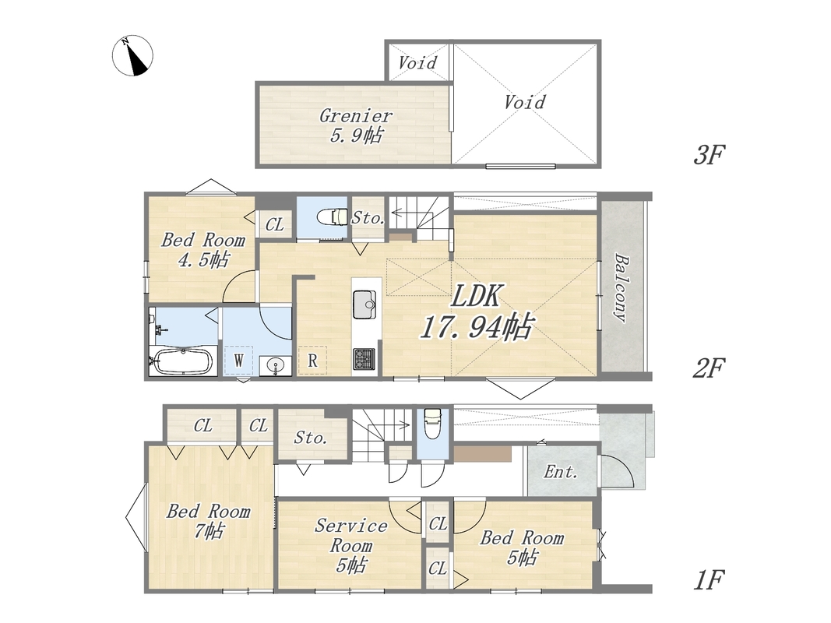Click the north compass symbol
pyautogui.click(x=132, y=55)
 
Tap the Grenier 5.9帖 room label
pyautogui.click(x=356, y=125)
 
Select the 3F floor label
pyautogui.click(x=709, y=155)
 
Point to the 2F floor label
pyautogui.click(x=709, y=368)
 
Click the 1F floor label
pyautogui.click(x=709, y=580)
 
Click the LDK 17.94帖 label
pyautogui.click(x=477, y=311)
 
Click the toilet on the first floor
pyautogui.click(x=433, y=424)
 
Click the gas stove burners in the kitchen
pyautogui.click(x=364, y=358)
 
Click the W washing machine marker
pyautogui.click(x=238, y=361)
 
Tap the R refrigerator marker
pyautogui.click(x=312, y=361)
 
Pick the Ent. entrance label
pyautogui.click(x=560, y=471)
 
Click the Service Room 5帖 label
pyautogui.click(x=350, y=545)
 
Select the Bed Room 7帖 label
pyautogui.click(x=208, y=521)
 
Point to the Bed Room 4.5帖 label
pyautogui.click(x=203, y=249)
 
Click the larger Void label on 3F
pyautogui.click(x=525, y=102)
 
